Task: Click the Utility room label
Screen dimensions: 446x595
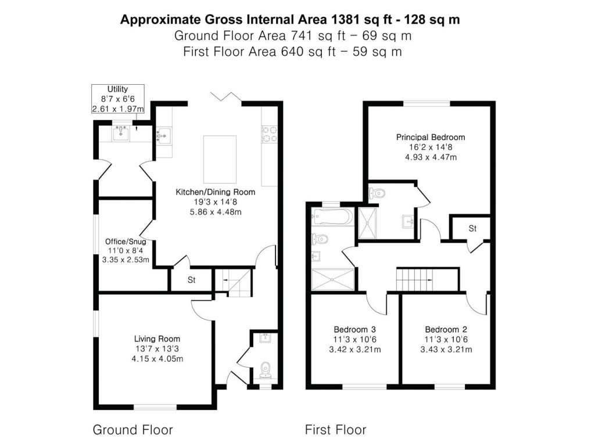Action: pyautogui.click(x=117, y=89)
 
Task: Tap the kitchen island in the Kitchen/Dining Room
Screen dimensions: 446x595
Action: pyautogui.click(x=220, y=159)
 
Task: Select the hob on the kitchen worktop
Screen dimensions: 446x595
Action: pyautogui.click(x=268, y=134)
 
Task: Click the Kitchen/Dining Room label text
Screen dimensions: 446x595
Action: pyautogui.click(x=216, y=192)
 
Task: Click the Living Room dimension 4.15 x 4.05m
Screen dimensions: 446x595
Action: pyautogui.click(x=157, y=359)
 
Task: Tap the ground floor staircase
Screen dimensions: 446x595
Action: pyautogui.click(x=232, y=283)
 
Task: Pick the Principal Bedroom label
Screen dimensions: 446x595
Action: pyautogui.click(x=431, y=138)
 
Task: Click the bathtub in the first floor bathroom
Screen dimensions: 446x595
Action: pyautogui.click(x=332, y=218)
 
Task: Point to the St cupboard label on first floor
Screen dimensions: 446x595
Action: pyautogui.click(x=472, y=229)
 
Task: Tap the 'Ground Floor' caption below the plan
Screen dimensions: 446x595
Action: pyautogui.click(x=132, y=430)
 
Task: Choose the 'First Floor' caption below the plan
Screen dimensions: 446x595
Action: pyautogui.click(x=335, y=430)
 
